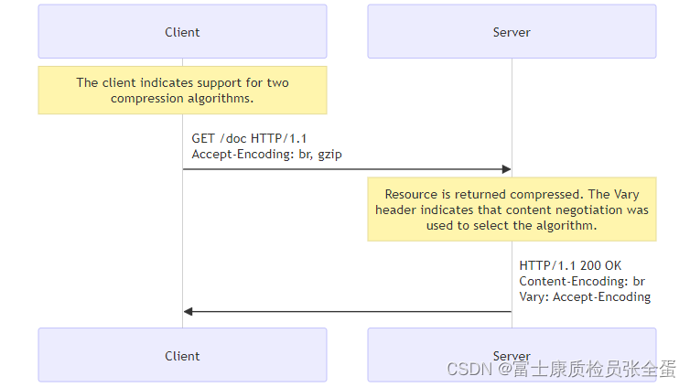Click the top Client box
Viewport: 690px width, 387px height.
click(182, 32)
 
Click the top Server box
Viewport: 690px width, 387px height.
click(512, 32)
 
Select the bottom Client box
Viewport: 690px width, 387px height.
click(182, 355)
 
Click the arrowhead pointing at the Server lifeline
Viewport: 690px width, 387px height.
click(505, 169)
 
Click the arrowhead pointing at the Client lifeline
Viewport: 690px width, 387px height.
click(189, 311)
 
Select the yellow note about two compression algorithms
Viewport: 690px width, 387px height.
click(182, 90)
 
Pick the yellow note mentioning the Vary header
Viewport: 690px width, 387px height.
click(512, 209)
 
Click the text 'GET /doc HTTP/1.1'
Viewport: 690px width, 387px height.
click(249, 139)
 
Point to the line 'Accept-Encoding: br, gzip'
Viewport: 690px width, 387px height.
click(266, 155)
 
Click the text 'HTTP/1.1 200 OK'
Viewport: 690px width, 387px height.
click(570, 266)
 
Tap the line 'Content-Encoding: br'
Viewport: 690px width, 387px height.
click(582, 282)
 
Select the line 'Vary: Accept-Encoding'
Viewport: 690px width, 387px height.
click(585, 296)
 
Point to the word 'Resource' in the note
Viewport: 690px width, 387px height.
click(413, 194)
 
